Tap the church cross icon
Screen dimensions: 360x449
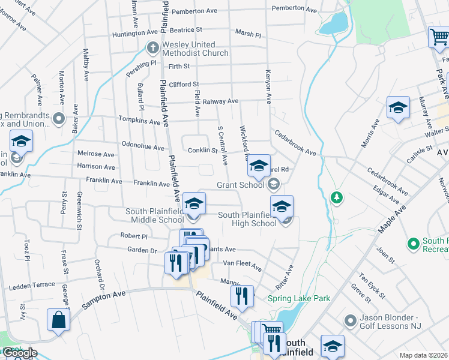click(x=153, y=47)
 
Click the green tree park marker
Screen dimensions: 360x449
click(x=337, y=197)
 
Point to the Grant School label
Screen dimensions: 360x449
click(x=240, y=185)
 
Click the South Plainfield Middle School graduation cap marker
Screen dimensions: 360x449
click(x=194, y=204)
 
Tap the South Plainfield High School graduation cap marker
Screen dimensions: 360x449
click(x=282, y=207)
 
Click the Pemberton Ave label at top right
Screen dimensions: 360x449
click(x=294, y=9)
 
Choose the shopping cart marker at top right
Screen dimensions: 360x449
click(x=439, y=37)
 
